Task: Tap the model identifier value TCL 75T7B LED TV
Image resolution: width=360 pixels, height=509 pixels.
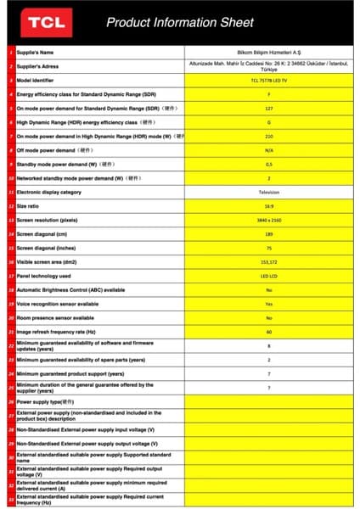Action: coord(268,80)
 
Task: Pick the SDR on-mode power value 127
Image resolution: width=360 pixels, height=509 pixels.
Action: coord(268,108)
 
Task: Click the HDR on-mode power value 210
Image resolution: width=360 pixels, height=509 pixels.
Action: coord(268,136)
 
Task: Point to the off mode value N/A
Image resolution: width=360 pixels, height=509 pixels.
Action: coord(268,150)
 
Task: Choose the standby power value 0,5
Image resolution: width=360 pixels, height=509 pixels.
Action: coord(268,164)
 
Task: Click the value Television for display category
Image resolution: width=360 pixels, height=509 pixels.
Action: coord(268,192)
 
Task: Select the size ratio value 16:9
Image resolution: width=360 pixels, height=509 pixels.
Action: coord(268,205)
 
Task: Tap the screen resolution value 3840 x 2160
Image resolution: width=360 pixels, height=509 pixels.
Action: coord(268,220)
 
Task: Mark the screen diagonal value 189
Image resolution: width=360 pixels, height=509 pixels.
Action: coord(268,233)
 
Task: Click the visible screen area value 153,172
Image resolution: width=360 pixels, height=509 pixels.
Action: coord(268,261)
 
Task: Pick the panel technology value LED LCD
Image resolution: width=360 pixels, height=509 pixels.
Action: coord(268,275)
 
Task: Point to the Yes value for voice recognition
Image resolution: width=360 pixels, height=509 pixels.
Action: coord(268,303)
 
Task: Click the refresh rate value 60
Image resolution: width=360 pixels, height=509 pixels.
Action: coord(268,331)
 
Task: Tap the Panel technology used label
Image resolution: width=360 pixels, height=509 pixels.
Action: coord(43,275)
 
